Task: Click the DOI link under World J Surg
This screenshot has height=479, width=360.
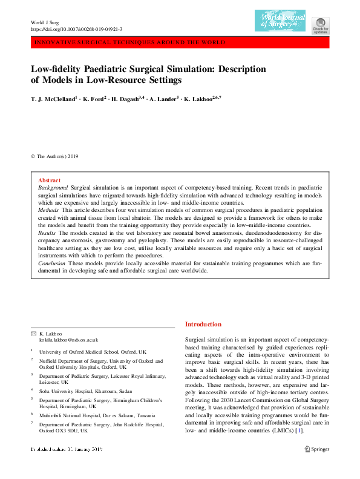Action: [76, 29]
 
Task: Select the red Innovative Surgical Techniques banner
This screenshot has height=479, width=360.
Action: [180, 42]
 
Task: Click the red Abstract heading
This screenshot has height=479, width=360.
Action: [49, 180]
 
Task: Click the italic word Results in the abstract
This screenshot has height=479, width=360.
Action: [47, 233]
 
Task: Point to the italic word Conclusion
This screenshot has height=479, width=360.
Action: [51, 263]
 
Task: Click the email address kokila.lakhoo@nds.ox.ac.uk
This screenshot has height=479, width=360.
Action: [68, 341]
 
